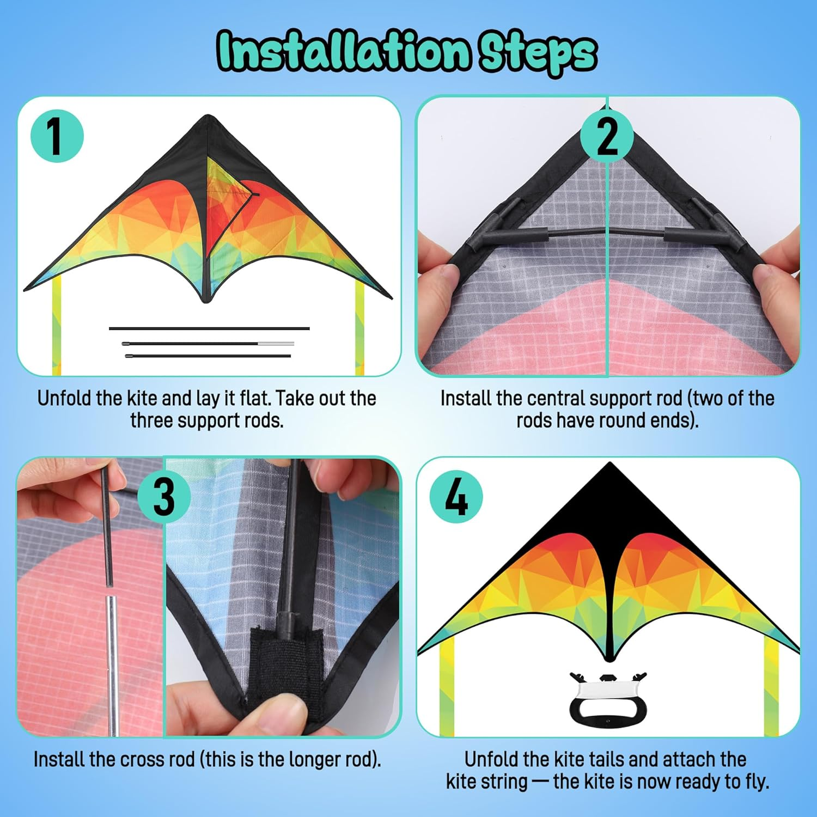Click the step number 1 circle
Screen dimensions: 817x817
[x=57, y=136]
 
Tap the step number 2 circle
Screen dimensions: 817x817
[x=607, y=136]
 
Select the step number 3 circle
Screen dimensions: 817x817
[x=164, y=496]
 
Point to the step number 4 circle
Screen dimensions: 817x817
[x=456, y=497]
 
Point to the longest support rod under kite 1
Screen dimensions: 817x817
[x=209, y=328]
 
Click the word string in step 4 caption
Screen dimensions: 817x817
[x=503, y=782]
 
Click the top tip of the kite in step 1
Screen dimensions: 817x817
[x=208, y=115]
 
